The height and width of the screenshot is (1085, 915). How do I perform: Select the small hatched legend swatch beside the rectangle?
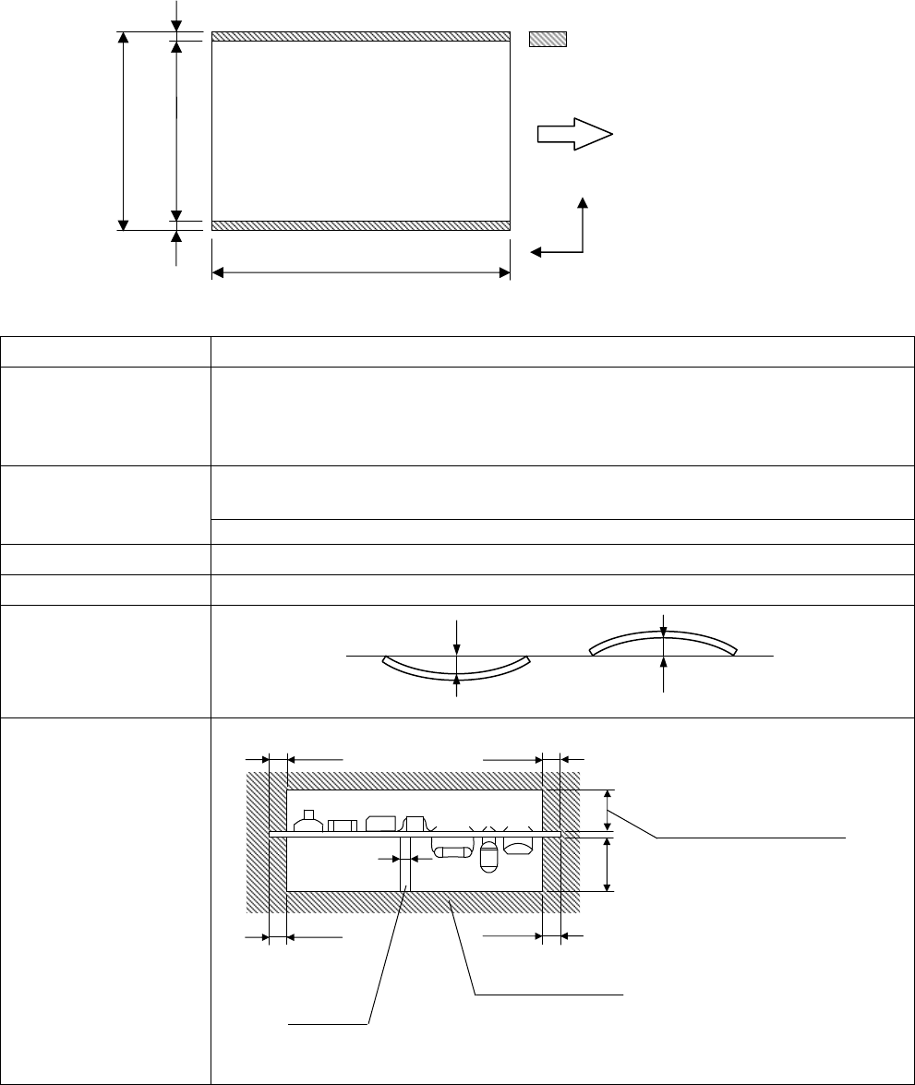click(547, 39)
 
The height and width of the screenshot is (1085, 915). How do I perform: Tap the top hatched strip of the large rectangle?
click(361, 37)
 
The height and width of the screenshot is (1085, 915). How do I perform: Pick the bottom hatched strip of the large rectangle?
click(361, 225)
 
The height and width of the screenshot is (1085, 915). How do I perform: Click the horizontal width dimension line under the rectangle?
click(361, 272)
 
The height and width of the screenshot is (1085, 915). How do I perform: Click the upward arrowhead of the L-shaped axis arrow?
click(583, 202)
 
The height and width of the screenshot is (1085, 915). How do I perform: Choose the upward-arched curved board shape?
click(662, 643)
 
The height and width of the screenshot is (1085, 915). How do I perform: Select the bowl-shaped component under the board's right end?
click(519, 845)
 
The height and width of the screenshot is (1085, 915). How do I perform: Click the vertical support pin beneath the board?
click(405, 863)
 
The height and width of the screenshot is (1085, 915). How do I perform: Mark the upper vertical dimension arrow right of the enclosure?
click(607, 810)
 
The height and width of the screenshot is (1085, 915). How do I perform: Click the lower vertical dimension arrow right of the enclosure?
click(607, 864)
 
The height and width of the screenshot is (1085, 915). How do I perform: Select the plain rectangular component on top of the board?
click(343, 825)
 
